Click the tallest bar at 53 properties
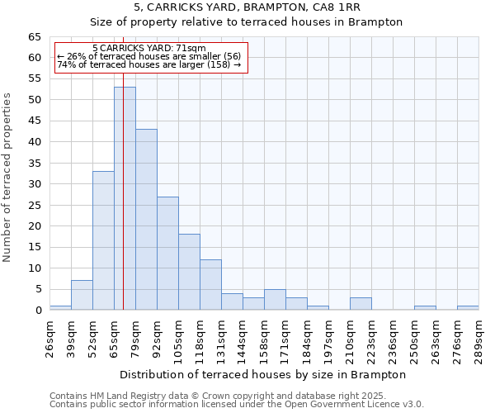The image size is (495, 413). click(x=125, y=198)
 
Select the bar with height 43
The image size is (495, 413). click(x=146, y=220)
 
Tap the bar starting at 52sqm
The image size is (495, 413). click(x=103, y=240)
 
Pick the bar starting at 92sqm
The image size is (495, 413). click(x=167, y=253)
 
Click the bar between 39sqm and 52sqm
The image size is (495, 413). click(x=82, y=295)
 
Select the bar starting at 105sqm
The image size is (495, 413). click(x=189, y=272)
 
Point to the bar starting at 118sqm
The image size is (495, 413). click(x=210, y=285)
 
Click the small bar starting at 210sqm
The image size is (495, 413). click(x=361, y=304)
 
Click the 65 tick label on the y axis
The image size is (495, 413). click(x=35, y=37)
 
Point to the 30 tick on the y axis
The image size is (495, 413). click(x=35, y=184)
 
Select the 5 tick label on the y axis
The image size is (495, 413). click(x=38, y=289)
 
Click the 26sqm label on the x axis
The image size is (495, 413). click(x=49, y=338)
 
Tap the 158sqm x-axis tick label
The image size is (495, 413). click(x=264, y=339)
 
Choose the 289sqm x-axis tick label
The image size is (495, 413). click(x=478, y=339)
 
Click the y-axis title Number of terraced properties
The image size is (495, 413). click(x=7, y=178)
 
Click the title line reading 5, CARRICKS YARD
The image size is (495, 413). click(x=246, y=7)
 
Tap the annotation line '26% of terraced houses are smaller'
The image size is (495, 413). click(x=149, y=56)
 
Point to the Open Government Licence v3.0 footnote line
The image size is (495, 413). click(x=237, y=405)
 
